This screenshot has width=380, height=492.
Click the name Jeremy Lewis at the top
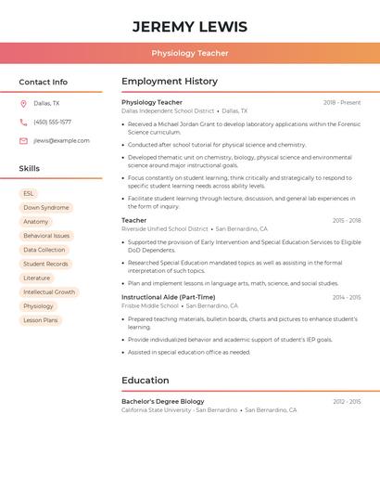190,26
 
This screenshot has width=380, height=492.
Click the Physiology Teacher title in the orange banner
190,53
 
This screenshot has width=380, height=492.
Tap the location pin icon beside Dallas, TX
23,103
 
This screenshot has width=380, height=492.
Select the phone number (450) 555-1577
52,122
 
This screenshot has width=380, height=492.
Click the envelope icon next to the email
23,140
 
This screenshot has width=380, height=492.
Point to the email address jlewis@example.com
61,140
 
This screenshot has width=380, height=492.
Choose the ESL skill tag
29,193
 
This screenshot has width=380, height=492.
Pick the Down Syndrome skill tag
46,207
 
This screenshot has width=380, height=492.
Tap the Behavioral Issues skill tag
46,236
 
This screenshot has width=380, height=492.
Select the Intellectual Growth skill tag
49,291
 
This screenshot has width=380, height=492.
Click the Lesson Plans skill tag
41,319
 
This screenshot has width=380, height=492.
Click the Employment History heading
170,81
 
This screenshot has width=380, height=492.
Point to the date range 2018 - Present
342,102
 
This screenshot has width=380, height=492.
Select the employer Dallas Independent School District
168,110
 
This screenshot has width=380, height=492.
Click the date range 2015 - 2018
347,220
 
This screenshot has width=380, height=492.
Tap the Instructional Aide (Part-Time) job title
168,297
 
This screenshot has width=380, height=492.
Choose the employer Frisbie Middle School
150,305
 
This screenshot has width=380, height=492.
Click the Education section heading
146,380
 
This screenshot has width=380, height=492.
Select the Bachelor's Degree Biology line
163,401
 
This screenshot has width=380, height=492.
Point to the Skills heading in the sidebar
30,168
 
